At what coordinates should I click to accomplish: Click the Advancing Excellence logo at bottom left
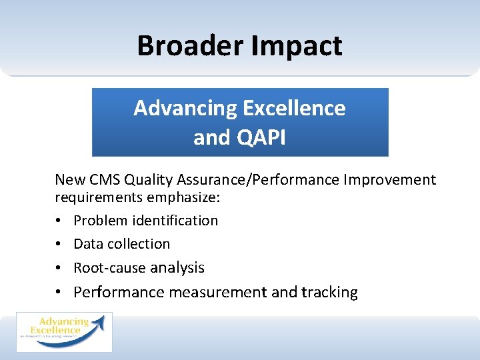[x=64, y=331]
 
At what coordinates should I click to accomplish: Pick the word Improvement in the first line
[x=395, y=179]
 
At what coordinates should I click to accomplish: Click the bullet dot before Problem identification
[x=59, y=221]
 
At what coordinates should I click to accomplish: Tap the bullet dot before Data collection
[x=59, y=245]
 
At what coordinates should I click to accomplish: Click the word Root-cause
[x=109, y=268]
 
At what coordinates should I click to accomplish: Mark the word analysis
[x=177, y=268]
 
